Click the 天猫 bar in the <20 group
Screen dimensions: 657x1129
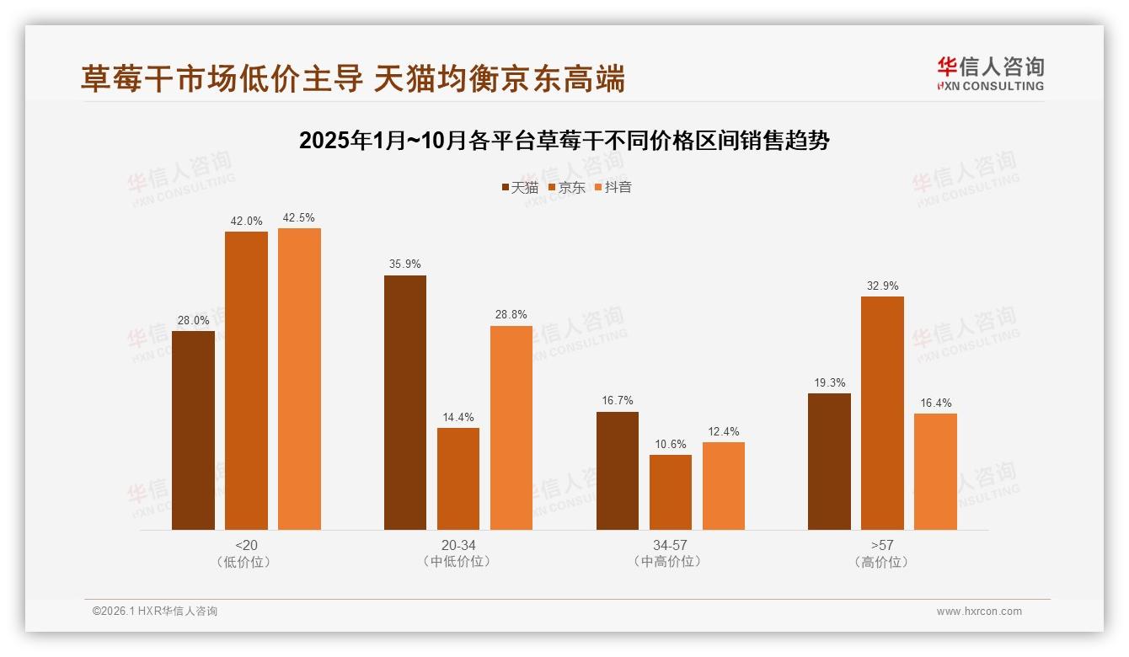(193, 430)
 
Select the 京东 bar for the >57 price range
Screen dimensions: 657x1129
(882, 413)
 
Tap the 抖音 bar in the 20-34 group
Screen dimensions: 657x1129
(511, 428)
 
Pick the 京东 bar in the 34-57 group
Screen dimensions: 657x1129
(671, 492)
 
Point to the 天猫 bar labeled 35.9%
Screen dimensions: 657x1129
(405, 403)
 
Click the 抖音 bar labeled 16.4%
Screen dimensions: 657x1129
(935, 472)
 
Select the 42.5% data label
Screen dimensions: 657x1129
(299, 217)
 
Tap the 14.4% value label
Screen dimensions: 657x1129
(458, 417)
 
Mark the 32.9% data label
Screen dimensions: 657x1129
(882, 286)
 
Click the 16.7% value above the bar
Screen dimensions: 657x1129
(618, 400)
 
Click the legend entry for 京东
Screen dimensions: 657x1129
(566, 187)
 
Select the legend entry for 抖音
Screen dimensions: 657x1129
(613, 187)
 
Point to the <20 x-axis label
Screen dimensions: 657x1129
(247, 545)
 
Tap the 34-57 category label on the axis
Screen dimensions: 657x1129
(671, 545)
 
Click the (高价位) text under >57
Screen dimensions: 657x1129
(882, 562)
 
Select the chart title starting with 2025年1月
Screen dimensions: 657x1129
(564, 141)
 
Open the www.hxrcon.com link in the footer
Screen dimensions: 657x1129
(979, 612)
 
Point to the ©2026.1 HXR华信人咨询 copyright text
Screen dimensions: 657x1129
(154, 612)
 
